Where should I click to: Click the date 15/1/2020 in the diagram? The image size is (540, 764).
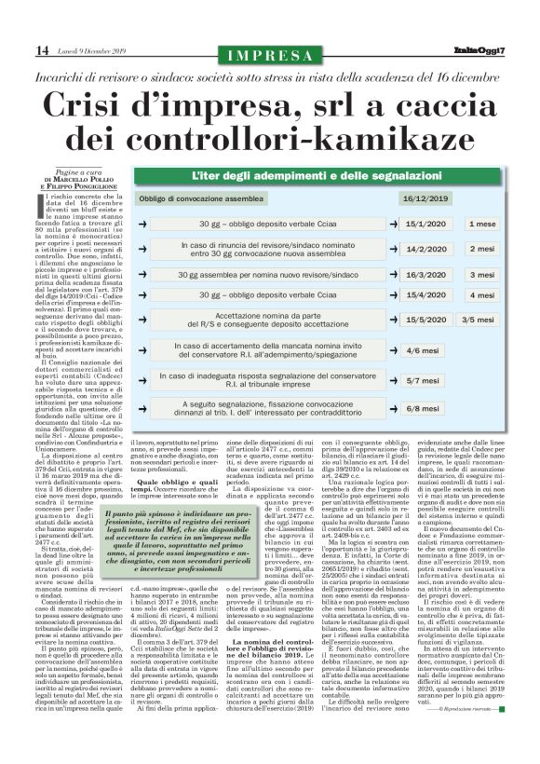coord(426,225)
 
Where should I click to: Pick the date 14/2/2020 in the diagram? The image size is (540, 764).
coord(426,250)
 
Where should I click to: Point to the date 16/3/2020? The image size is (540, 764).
coord(426,276)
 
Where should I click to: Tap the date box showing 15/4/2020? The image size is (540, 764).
coord(426,295)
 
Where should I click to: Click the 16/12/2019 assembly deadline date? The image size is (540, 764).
coord(425,198)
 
